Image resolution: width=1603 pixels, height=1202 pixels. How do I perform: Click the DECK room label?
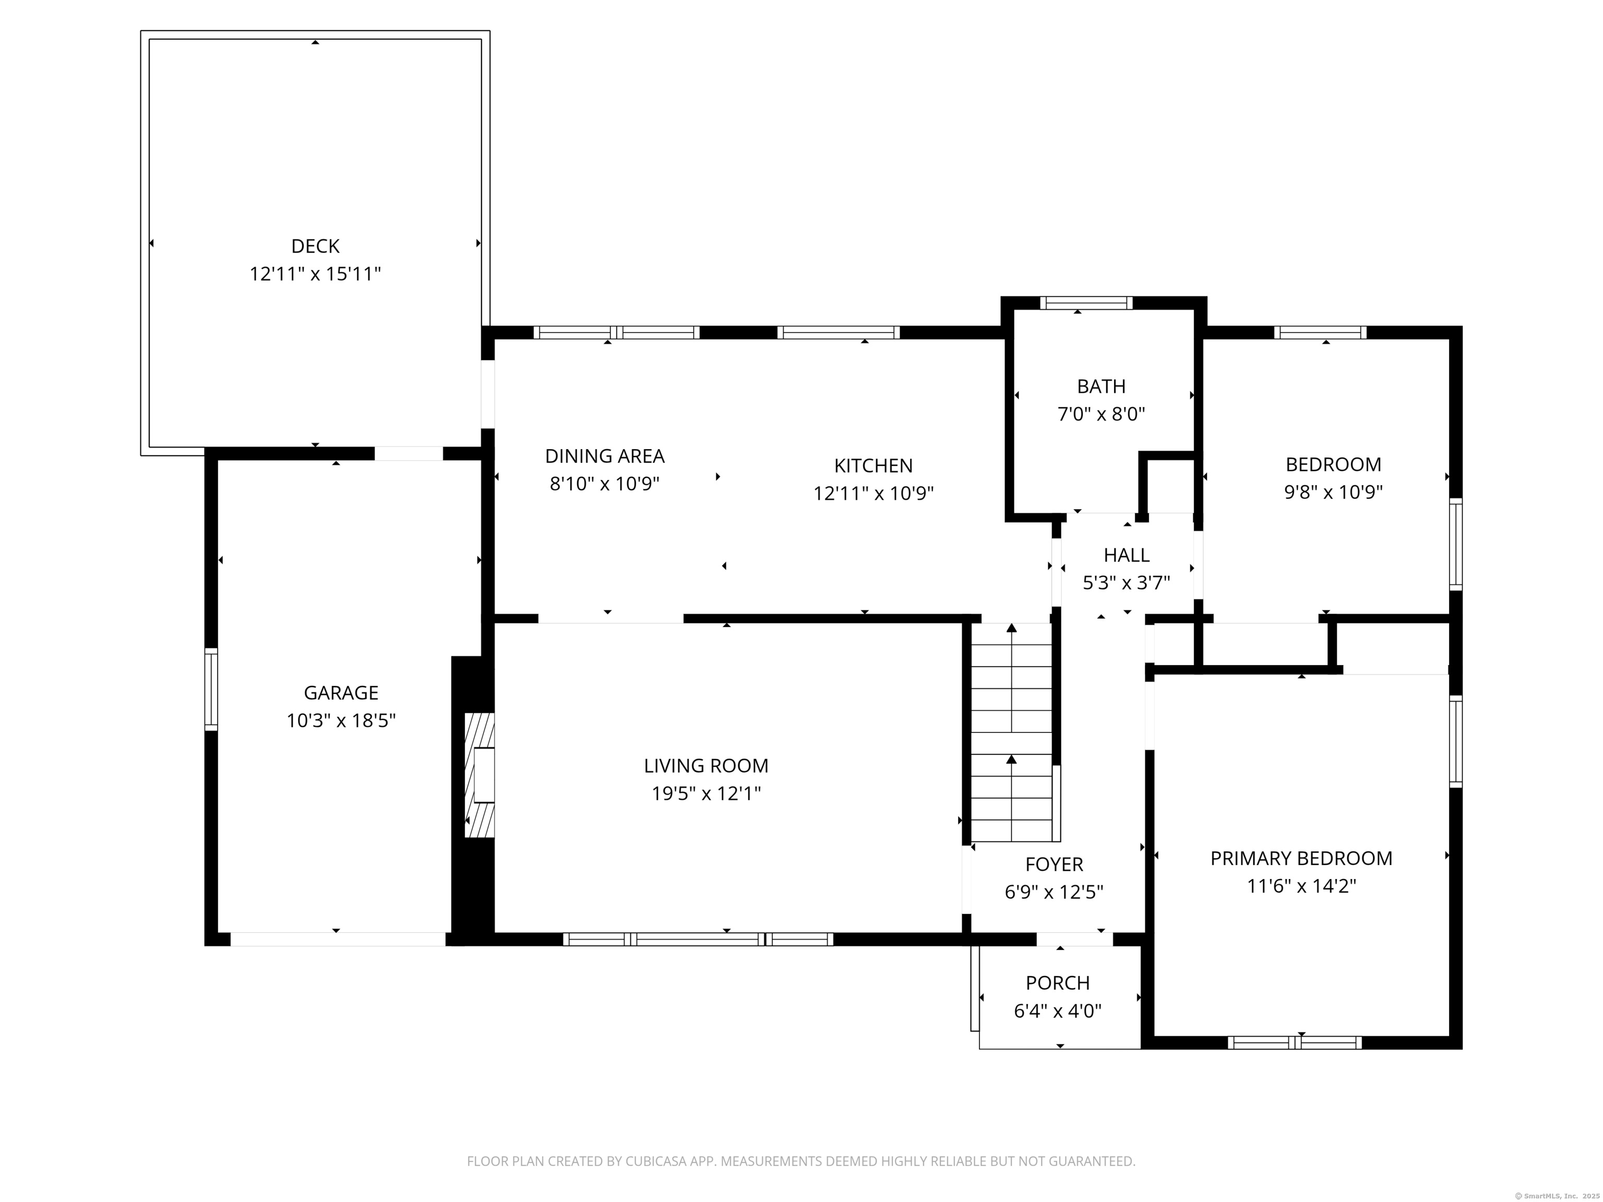[x=315, y=246]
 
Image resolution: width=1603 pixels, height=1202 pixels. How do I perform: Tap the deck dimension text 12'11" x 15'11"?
[x=315, y=274]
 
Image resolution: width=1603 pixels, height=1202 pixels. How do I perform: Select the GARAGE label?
[x=341, y=693]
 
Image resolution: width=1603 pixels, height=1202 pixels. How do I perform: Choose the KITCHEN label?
[x=873, y=465]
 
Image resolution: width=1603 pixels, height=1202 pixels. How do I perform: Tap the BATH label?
[x=1102, y=386]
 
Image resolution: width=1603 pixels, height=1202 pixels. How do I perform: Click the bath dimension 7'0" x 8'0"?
[x=1102, y=414]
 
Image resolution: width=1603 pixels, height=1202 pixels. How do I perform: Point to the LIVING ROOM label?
[x=707, y=766]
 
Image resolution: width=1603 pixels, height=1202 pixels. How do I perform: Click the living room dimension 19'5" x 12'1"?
[x=707, y=794]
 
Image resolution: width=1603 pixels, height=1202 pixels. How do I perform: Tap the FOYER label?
[x=1055, y=864]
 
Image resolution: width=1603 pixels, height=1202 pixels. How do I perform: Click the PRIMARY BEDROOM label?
[x=1301, y=859]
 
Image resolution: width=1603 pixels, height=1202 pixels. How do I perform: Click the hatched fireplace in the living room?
[x=479, y=775]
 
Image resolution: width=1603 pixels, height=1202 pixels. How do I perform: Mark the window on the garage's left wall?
[x=211, y=689]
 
